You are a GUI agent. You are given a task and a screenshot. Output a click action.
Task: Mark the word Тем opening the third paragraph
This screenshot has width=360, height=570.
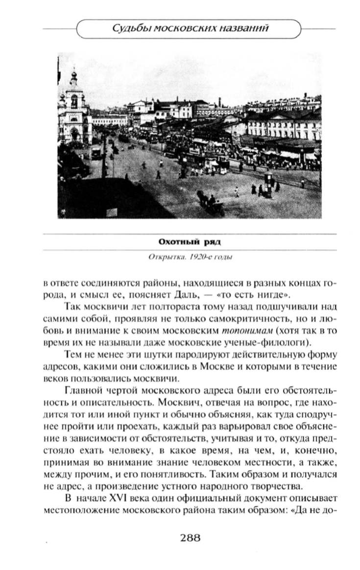[72, 354]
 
